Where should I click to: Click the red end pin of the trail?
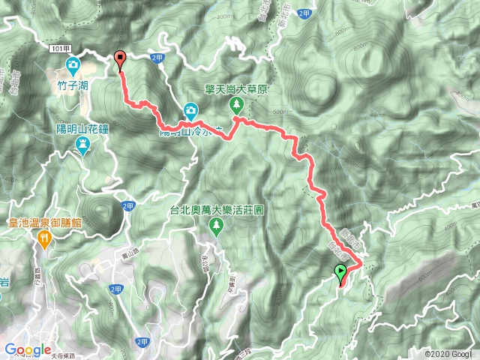[120, 58]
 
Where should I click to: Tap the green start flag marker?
[340, 273]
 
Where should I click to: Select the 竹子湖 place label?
[73, 85]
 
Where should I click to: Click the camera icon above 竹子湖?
[73, 65]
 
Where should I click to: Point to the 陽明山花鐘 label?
[83, 128]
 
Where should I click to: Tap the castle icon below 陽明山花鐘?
[83, 147]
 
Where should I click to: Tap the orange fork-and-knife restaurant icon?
[43, 239]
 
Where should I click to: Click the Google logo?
[27, 349]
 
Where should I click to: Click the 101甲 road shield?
[62, 48]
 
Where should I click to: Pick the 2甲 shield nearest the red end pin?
[157, 57]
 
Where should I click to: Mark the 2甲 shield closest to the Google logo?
[142, 342]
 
